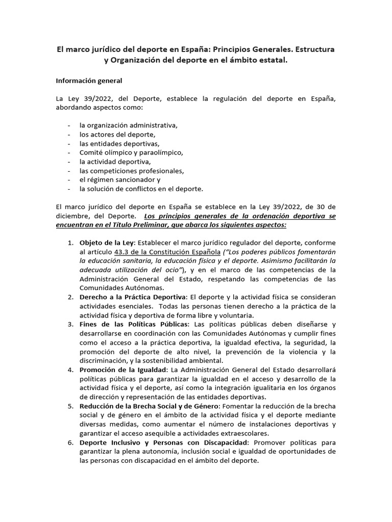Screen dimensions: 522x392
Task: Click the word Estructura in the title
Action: pos(310,49)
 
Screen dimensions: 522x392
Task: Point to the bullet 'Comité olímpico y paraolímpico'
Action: pos(131,152)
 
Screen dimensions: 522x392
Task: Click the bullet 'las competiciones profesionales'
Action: pos(131,170)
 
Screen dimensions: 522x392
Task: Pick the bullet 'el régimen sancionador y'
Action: pos(120,179)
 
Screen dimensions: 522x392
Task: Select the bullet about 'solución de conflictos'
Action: pos(141,189)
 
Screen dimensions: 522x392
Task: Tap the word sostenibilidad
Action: pos(167,360)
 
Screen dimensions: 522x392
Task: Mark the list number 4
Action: pos(70,370)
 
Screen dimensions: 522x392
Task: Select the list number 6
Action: pos(70,442)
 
